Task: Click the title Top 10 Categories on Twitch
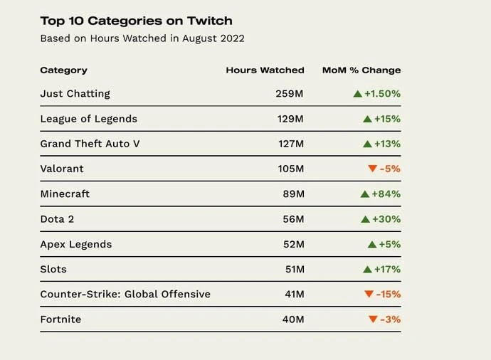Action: point(136,21)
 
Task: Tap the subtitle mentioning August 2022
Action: point(142,38)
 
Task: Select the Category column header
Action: point(63,70)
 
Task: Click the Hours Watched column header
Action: point(265,70)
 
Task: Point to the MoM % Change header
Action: point(361,70)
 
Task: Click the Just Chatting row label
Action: point(75,93)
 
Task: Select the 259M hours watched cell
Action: point(290,93)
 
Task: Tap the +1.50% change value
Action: point(382,93)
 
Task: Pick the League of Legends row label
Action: point(88,119)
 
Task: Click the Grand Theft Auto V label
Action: point(90,144)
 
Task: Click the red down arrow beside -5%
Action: point(372,169)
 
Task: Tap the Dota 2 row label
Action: point(57,219)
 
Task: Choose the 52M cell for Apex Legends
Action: point(292,244)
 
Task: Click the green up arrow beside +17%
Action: point(367,269)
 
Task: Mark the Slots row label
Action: point(53,269)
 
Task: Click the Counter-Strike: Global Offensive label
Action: point(125,294)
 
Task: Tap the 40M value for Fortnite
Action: point(292,319)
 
